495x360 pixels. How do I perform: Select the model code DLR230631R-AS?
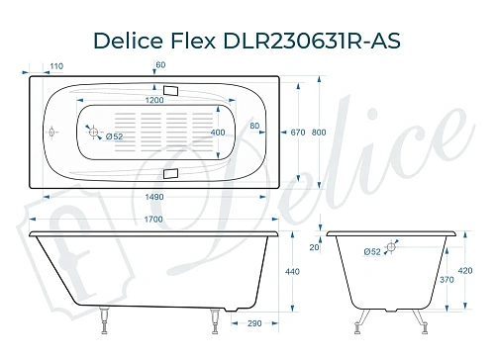click(x=314, y=39)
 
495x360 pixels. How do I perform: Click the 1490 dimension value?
click(x=153, y=195)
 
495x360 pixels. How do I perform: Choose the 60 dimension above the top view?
click(x=160, y=65)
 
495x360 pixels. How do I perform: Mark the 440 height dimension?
click(x=292, y=271)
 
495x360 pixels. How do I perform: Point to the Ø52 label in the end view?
click(x=372, y=251)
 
